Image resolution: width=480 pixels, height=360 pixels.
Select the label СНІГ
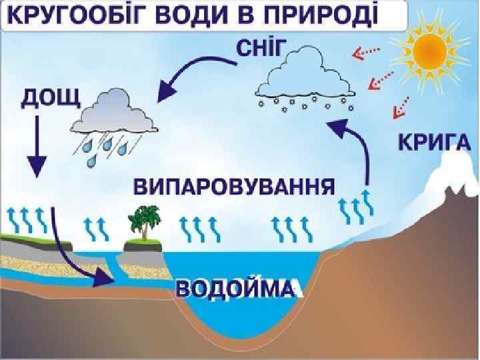pos(263,47)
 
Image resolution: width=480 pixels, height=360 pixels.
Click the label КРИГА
pos(434,142)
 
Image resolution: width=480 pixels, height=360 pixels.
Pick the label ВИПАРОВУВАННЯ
pos(233,185)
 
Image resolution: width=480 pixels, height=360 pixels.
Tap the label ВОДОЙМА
pos(235,289)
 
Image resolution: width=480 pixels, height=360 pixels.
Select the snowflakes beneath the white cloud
pos(305,106)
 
